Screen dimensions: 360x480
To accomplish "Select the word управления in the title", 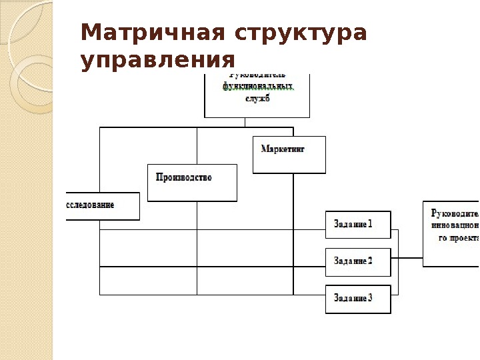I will click(158, 61).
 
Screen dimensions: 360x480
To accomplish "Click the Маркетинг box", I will click(289, 155).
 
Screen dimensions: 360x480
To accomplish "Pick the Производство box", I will click(192, 182).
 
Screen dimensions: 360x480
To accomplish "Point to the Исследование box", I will click(101, 206).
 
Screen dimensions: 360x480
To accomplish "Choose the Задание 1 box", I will click(358, 225).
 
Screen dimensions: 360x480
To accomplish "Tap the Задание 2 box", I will click(358, 261).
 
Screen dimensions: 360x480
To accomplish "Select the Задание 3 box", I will click(358, 298).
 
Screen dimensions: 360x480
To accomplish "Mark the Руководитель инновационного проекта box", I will click(451, 233).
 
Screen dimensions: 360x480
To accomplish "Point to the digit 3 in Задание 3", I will click(370, 298).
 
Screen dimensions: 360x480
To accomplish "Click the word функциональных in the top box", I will click(257, 87).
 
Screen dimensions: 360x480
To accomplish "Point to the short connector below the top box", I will click(245, 122).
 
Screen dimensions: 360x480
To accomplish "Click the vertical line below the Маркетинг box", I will click(293, 233).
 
